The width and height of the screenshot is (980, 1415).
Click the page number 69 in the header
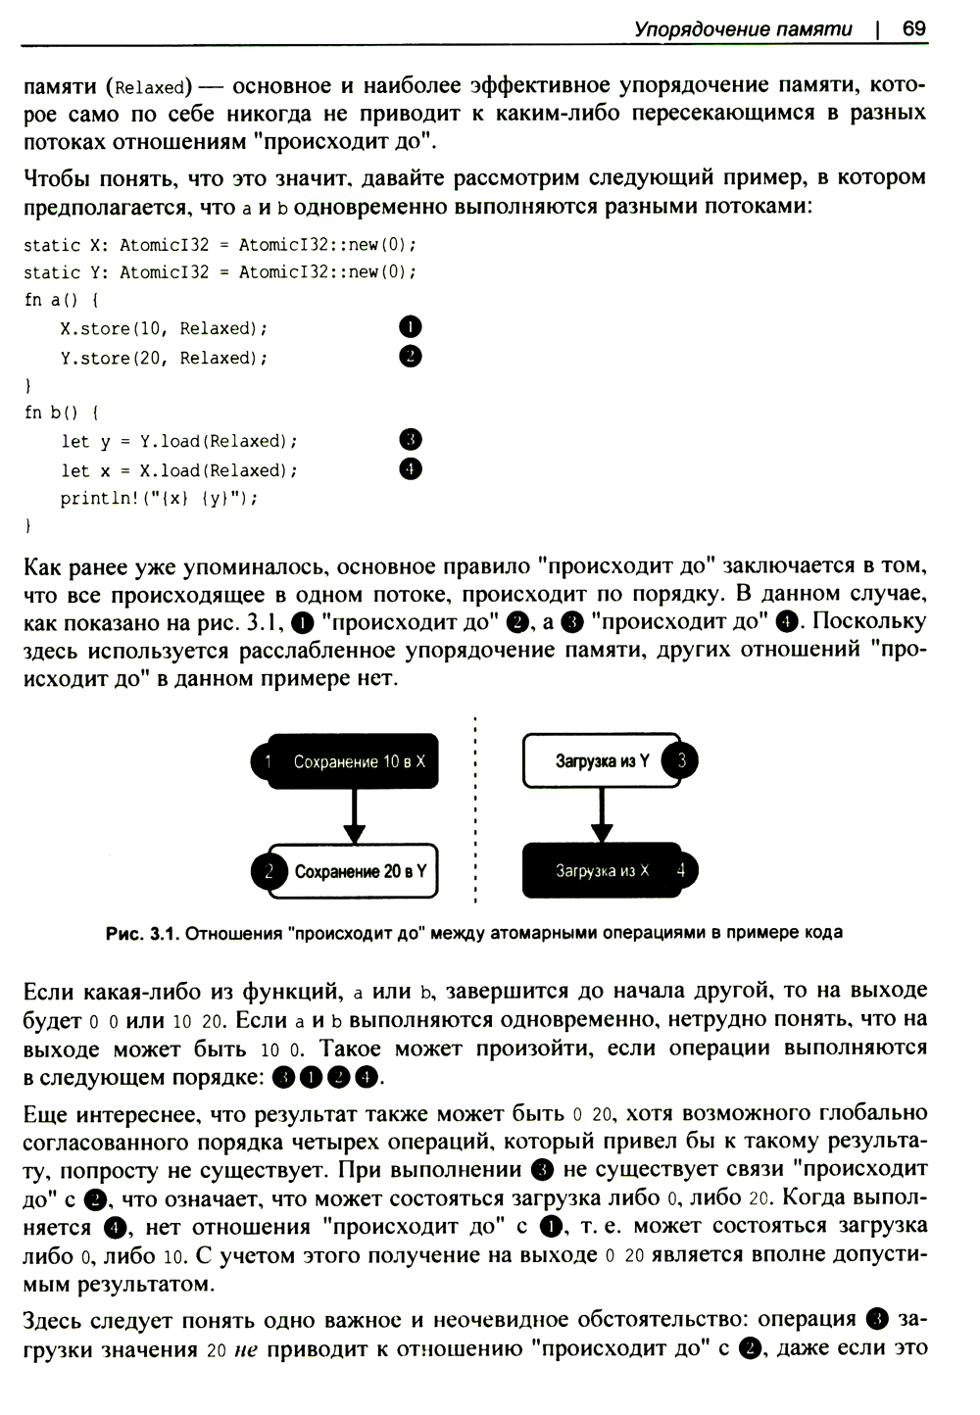pyautogui.click(x=913, y=28)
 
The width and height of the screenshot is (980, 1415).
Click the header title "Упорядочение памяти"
pyautogui.click(x=743, y=29)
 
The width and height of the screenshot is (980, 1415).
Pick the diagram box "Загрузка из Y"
pyautogui.click(x=601, y=760)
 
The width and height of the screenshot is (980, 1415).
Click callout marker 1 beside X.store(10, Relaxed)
pyautogui.click(x=411, y=327)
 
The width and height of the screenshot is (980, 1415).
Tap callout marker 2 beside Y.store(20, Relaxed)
pyautogui.click(x=411, y=356)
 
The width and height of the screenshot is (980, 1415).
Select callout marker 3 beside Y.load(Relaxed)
pyautogui.click(x=411, y=439)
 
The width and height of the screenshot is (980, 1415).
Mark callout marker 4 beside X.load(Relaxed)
pyautogui.click(x=411, y=468)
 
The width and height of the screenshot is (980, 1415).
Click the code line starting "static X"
pyautogui.click(x=220, y=244)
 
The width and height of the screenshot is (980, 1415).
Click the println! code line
pyautogui.click(x=159, y=498)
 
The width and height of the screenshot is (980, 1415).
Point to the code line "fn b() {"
pyautogui.click(x=61, y=412)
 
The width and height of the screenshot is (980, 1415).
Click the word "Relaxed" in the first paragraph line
pyautogui.click(x=150, y=86)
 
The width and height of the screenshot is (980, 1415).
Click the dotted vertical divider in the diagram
pyautogui.click(x=475, y=813)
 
